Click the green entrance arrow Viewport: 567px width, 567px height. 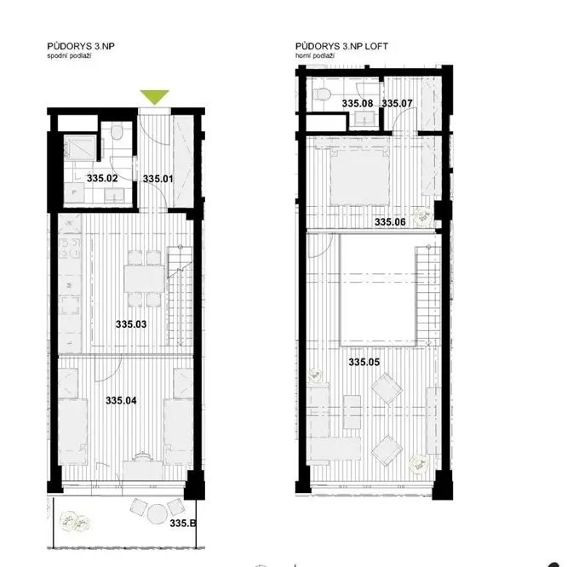(x=154, y=97)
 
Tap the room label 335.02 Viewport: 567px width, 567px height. (x=102, y=178)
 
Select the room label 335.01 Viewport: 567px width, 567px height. (x=158, y=179)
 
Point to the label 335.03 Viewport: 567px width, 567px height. (x=131, y=324)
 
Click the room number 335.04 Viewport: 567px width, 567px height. (x=121, y=401)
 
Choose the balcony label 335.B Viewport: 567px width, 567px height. (x=183, y=523)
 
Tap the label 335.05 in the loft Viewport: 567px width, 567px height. (x=364, y=362)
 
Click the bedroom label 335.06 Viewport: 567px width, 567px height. (x=390, y=221)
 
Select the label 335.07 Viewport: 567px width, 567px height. (x=397, y=103)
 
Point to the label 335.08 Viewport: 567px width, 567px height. (x=358, y=103)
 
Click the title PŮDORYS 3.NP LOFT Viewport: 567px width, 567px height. (x=341, y=46)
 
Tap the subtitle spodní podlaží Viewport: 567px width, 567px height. (x=69, y=56)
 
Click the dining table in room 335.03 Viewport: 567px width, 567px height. (x=144, y=278)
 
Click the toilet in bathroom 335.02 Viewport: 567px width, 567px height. (x=117, y=132)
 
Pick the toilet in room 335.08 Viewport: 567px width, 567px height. (x=323, y=94)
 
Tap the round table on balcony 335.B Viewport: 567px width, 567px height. (x=157, y=513)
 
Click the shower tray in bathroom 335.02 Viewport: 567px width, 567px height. (x=80, y=148)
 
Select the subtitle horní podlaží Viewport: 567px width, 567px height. (x=315, y=56)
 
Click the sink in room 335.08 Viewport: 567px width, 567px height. (x=364, y=118)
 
